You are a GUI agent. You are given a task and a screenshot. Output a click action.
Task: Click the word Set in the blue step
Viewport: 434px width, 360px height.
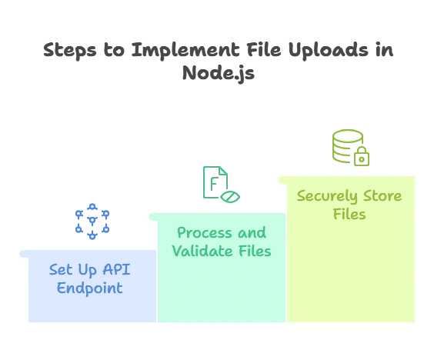(62, 270)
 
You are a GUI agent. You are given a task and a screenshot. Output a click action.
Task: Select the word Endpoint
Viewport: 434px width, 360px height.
(86, 289)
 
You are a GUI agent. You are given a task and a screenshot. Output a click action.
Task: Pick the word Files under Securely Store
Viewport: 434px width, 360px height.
(349, 215)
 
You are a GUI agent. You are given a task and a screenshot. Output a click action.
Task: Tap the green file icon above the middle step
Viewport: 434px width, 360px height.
(216, 184)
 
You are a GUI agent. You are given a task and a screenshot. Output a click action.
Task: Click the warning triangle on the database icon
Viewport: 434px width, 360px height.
(362, 157)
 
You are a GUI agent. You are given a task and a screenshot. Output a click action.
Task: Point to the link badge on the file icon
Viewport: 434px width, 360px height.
(230, 197)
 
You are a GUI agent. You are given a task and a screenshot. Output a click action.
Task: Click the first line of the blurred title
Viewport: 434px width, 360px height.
(217, 50)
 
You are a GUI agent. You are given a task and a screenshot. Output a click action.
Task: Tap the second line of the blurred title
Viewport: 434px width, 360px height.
(217, 74)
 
